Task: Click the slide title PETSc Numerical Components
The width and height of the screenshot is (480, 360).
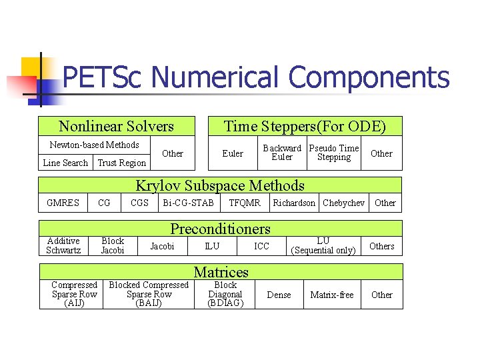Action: [x=256, y=77]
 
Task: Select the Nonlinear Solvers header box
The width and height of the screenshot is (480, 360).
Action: [x=117, y=126]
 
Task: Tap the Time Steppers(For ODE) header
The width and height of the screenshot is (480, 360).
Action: [x=305, y=126]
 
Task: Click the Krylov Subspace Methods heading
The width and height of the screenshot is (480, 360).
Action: [x=221, y=185]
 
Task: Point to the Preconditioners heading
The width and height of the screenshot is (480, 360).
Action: [x=221, y=229]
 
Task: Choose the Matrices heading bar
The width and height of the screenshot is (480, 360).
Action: [x=221, y=271]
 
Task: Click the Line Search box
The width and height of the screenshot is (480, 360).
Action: [x=65, y=163]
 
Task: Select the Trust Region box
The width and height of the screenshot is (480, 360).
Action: [x=122, y=163]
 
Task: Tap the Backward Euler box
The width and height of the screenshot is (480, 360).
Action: [x=282, y=153]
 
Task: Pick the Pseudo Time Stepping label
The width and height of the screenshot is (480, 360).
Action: [x=334, y=153]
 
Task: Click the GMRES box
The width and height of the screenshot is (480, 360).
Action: [x=63, y=203]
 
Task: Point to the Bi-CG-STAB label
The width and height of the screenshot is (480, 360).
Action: [x=188, y=203]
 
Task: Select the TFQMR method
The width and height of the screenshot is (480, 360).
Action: [x=245, y=203]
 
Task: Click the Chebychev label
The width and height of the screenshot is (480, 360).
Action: [x=343, y=203]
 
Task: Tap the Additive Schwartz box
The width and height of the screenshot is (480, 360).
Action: [x=63, y=245]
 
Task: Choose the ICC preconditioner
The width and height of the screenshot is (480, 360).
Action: [x=262, y=246]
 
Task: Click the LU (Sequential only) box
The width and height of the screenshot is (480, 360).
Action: [x=323, y=245]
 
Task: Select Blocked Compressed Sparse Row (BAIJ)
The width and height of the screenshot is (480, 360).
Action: [x=149, y=294]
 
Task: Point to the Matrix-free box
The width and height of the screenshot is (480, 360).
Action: [x=332, y=295]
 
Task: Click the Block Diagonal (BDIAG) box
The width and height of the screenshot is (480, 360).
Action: [x=225, y=294]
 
